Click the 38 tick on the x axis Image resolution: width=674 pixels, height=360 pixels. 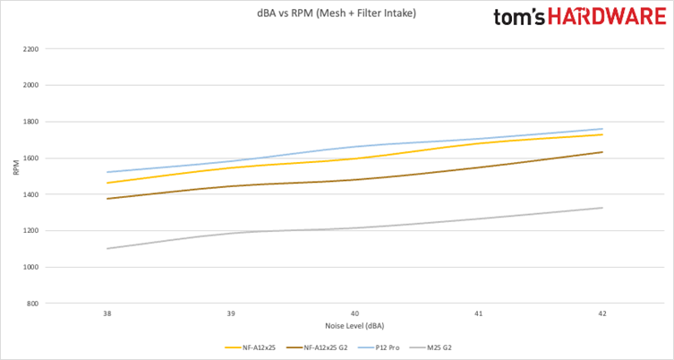[x=107, y=314]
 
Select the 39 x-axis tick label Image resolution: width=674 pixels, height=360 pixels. [x=231, y=314]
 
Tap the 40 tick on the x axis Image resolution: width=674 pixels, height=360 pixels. [x=355, y=314]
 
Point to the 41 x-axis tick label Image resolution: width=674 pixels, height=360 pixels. [x=479, y=314]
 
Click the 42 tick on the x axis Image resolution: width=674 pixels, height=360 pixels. [x=602, y=314]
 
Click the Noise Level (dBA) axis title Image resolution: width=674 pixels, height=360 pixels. [x=354, y=325]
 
